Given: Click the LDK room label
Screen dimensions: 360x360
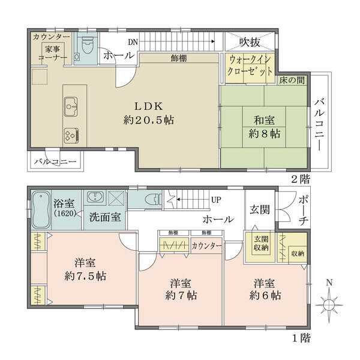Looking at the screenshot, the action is [x=149, y=113].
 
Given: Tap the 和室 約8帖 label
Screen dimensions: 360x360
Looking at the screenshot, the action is [x=265, y=127].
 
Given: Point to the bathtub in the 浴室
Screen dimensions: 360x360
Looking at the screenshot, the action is [x=41, y=209].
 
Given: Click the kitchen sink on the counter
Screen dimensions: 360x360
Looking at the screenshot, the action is [x=71, y=107].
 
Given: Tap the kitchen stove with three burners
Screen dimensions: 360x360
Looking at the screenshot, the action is [x=71, y=136].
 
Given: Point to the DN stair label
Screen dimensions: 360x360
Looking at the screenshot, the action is [x=133, y=42].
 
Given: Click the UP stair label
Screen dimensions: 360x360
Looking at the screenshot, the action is [x=216, y=200].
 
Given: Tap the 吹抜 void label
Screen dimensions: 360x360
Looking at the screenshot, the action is [x=250, y=42].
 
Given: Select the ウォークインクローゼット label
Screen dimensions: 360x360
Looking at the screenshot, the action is [x=250, y=65].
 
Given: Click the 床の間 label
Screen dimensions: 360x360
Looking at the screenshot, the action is [x=292, y=80].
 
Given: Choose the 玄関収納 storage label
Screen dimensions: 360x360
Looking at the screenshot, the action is [x=261, y=244].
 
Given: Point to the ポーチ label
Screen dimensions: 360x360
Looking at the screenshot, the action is [x=303, y=211].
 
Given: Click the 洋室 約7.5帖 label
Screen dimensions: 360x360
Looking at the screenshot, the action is [x=85, y=269].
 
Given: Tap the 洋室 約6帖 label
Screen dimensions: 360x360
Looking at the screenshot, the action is [x=265, y=289].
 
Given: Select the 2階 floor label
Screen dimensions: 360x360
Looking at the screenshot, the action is [x=301, y=179].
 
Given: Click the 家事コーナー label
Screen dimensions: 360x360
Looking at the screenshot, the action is [x=53, y=53].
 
